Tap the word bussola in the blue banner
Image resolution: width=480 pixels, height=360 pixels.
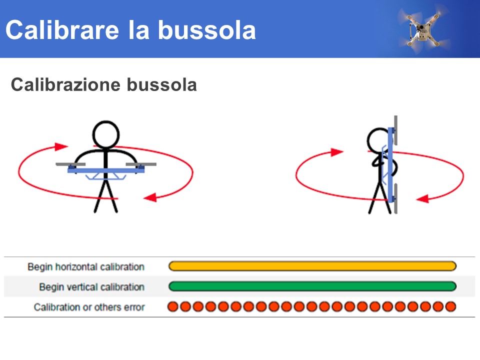(x=206, y=30)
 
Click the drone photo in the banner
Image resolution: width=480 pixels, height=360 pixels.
(x=424, y=28)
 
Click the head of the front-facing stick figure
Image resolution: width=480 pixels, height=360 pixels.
(x=106, y=134)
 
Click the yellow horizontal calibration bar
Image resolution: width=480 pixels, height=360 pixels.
(x=312, y=266)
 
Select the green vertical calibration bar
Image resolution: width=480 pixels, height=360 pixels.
(x=312, y=286)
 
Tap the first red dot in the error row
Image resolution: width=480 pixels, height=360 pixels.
(x=173, y=306)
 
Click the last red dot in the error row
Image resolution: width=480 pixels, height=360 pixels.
(x=450, y=306)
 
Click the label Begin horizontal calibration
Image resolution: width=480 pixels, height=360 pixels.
(x=86, y=266)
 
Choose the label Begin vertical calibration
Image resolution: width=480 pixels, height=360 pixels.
(x=92, y=287)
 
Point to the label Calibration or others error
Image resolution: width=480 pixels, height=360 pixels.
(x=89, y=307)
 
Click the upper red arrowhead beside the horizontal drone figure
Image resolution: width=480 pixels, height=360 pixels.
(x=60, y=146)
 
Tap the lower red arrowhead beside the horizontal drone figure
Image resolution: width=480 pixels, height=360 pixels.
(x=150, y=197)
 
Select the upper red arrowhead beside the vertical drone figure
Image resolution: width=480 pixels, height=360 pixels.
(x=337, y=152)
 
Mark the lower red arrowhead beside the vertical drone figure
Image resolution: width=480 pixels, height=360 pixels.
(x=423, y=199)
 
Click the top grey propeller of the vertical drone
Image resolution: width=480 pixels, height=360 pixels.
(x=396, y=130)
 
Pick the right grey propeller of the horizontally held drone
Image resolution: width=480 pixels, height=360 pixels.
(x=141, y=164)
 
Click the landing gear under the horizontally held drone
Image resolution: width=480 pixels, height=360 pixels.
(x=105, y=176)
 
